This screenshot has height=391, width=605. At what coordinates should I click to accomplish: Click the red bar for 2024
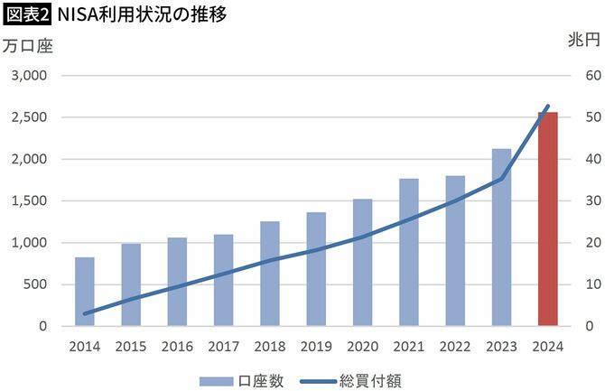pyautogui.click(x=547, y=219)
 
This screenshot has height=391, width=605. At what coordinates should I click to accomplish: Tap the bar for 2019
pyautogui.click(x=316, y=269)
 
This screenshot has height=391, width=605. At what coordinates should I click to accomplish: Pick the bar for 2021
pyautogui.click(x=409, y=252)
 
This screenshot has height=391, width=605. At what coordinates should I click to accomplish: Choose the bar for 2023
pyautogui.click(x=501, y=237)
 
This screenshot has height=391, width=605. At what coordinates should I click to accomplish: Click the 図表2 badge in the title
pyautogui.click(x=26, y=15)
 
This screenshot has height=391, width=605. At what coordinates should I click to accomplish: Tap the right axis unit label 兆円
pyautogui.click(x=583, y=41)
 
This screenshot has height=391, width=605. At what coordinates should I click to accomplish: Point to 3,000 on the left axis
pyautogui.click(x=29, y=76)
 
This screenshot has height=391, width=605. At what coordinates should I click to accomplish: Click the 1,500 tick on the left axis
pyautogui.click(x=29, y=200)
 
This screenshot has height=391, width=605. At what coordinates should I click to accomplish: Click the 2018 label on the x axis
pyautogui.click(x=270, y=346)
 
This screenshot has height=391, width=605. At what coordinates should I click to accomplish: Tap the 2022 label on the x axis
pyautogui.click(x=455, y=346)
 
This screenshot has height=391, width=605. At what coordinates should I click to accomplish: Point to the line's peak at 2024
pyautogui.click(x=547, y=107)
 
